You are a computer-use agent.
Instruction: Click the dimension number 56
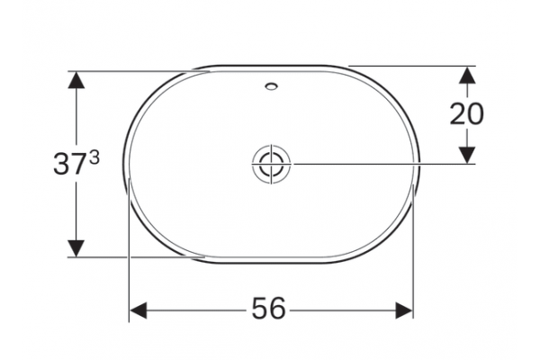tap(268, 308)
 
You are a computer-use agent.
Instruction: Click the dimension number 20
tap(466, 113)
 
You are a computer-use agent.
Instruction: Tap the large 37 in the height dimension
tap(69, 164)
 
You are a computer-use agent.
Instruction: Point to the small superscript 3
tap(94, 158)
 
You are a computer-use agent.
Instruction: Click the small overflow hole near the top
tap(272, 86)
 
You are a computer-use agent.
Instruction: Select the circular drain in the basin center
tap(271, 164)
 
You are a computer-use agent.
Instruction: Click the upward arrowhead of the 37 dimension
tap(76, 81)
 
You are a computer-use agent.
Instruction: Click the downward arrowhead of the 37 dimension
tap(76, 248)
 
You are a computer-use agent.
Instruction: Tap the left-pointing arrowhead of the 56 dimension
tap(138, 310)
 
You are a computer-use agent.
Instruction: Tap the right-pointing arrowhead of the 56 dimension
tap(404, 310)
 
